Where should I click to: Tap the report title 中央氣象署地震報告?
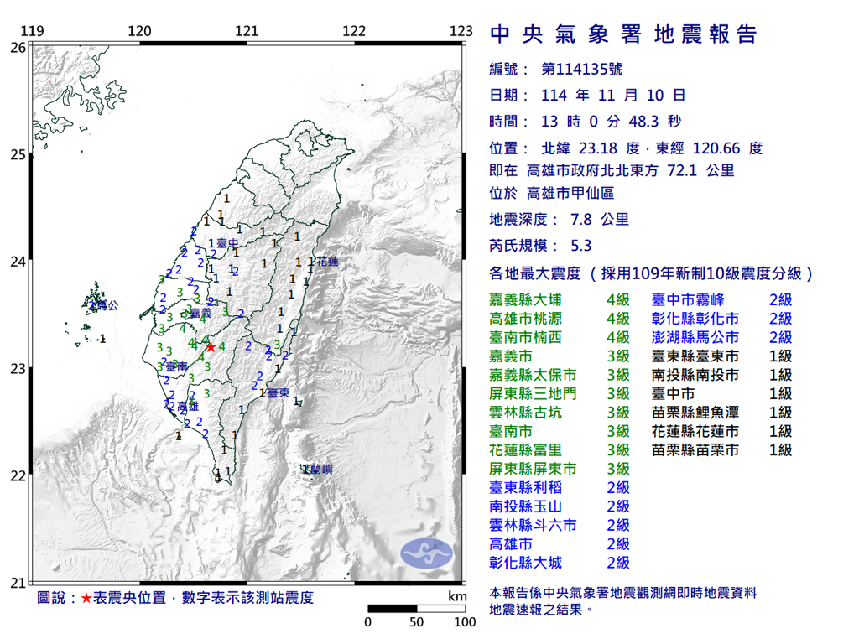[622, 34]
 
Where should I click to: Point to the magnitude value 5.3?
[580, 246]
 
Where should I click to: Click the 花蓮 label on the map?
[327, 262]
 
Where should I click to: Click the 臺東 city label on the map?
[279, 392]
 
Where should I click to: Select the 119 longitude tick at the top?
[32, 32]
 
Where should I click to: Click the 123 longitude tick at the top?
[461, 32]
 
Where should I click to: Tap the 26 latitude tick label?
[17, 48]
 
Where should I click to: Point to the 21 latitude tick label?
[17, 583]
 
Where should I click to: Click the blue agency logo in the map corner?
[426, 553]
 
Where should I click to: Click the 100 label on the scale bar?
[464, 623]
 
